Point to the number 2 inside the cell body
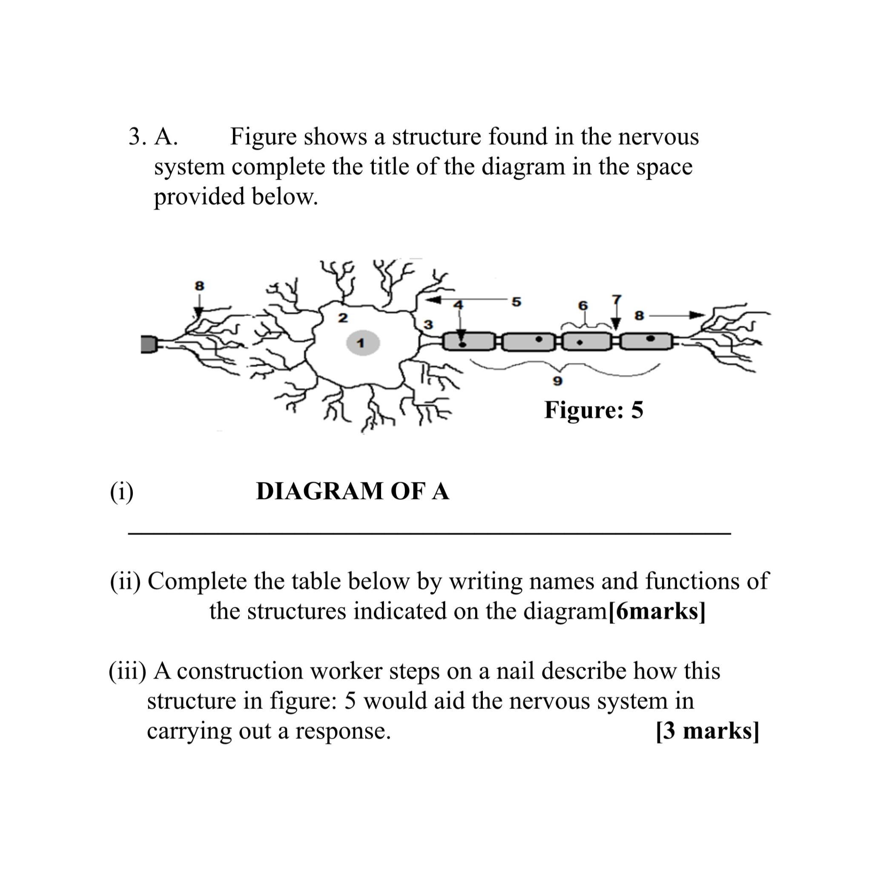(343, 318)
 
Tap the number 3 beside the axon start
(428, 324)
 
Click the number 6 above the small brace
(583, 306)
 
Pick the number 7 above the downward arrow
(617, 299)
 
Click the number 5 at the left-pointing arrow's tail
(516, 301)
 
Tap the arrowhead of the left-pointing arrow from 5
(434, 299)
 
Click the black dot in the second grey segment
(539, 338)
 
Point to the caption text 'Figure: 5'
(594, 410)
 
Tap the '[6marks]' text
(657, 611)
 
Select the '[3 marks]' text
(707, 730)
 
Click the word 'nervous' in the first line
(658, 136)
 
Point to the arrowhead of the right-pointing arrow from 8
(698, 315)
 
